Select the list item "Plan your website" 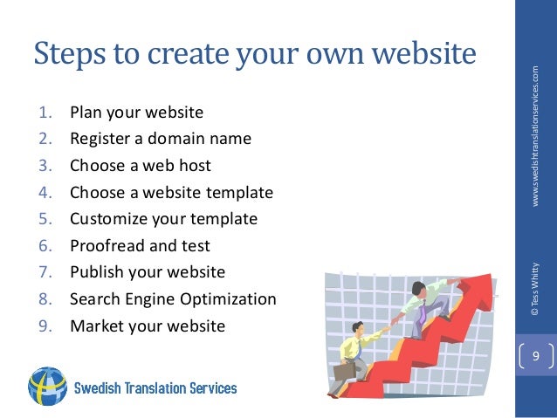(136, 112)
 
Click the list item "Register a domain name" (161, 138)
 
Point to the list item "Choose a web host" (141, 165)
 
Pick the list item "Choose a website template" (171, 192)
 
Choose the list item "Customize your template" (164, 219)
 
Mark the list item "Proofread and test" (140, 245)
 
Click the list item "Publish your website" (148, 272)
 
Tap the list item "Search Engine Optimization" (173, 299)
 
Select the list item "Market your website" (148, 325)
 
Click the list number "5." (45, 219)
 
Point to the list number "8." (45, 299)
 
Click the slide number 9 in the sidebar (536, 356)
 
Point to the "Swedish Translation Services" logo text (155, 387)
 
